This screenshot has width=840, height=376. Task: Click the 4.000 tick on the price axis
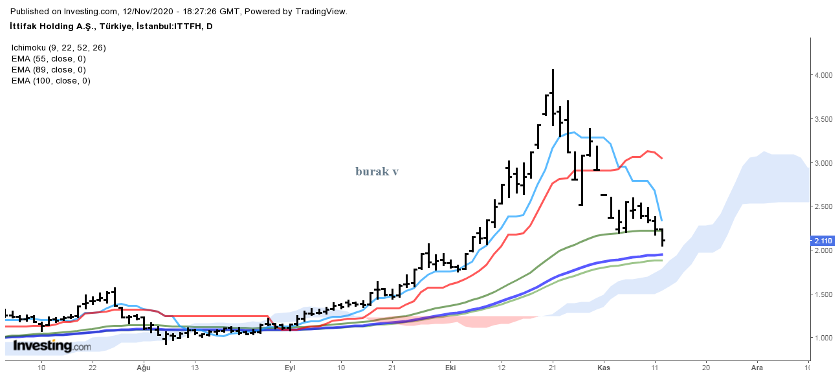[823, 76]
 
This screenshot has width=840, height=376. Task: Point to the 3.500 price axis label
[823, 120]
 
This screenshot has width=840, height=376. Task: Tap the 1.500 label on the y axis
[823, 294]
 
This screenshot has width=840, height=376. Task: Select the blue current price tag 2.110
[823, 241]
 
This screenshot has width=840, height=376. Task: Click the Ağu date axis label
[143, 367]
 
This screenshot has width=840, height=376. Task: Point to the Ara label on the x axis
[756, 367]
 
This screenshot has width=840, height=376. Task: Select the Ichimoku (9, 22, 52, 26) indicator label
[58, 47]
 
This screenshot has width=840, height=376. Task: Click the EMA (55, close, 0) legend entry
[49, 58]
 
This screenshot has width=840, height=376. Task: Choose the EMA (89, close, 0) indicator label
[49, 69]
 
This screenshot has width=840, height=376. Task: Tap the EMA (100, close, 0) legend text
[50, 81]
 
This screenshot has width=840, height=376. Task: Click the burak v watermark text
[377, 171]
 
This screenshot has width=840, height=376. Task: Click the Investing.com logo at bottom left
[52, 346]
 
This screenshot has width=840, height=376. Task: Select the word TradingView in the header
[322, 11]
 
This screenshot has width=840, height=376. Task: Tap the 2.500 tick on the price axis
[823, 207]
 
